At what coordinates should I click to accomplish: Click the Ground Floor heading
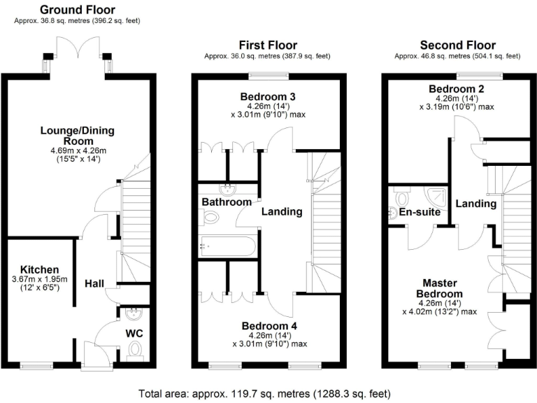point(77,10)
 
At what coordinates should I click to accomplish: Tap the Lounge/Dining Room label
point(77,136)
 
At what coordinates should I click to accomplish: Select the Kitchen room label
point(39,269)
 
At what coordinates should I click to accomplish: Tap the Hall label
point(94,283)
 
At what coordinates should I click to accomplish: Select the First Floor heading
point(268,45)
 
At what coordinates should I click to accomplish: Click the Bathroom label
point(227,202)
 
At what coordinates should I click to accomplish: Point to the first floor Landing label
point(282,211)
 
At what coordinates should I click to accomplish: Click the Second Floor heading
point(457,45)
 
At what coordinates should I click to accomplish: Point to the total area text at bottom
point(268,393)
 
